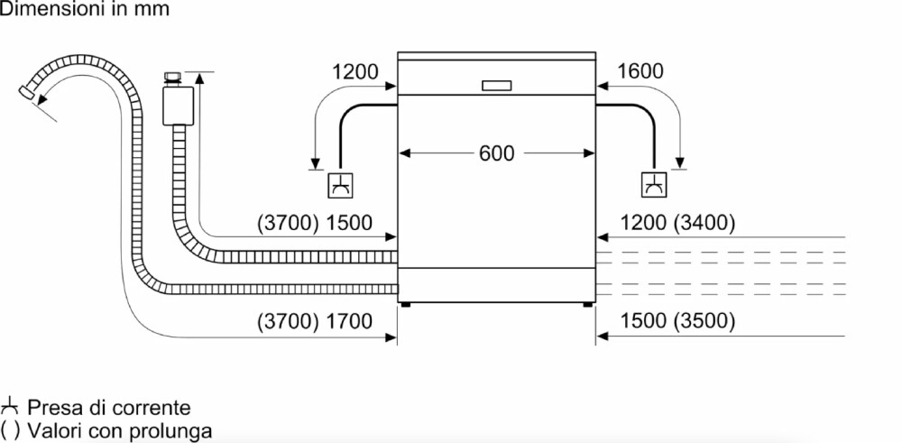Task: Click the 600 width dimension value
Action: click(x=496, y=153)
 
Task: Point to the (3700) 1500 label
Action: click(x=315, y=223)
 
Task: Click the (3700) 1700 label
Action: click(x=315, y=320)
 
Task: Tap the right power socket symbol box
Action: click(x=653, y=186)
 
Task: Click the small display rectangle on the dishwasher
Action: click(x=497, y=86)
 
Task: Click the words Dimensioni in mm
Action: click(x=84, y=9)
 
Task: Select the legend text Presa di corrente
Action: click(x=108, y=408)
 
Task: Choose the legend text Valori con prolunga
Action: click(x=119, y=430)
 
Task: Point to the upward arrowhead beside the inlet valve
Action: click(x=200, y=78)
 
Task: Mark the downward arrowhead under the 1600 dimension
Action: click(x=682, y=162)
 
